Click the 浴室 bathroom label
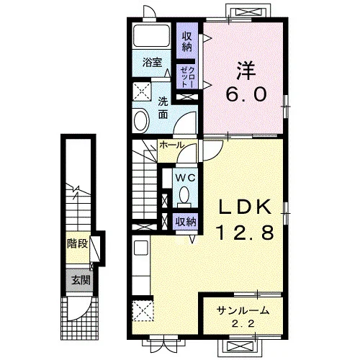(152, 63)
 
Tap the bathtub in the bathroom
(152, 36)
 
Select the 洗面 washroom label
(163, 109)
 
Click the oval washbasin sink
(142, 120)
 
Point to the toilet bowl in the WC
(184, 195)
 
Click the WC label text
(185, 178)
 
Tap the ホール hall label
(172, 145)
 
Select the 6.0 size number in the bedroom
(246, 94)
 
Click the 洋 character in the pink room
(246, 71)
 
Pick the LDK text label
(245, 207)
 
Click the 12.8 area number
(245, 232)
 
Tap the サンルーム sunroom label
(243, 311)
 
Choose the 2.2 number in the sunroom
(243, 324)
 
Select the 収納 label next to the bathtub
(187, 42)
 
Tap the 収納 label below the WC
(186, 222)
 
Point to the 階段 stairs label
(77, 244)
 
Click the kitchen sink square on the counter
(141, 248)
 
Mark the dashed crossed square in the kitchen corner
(143, 310)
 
